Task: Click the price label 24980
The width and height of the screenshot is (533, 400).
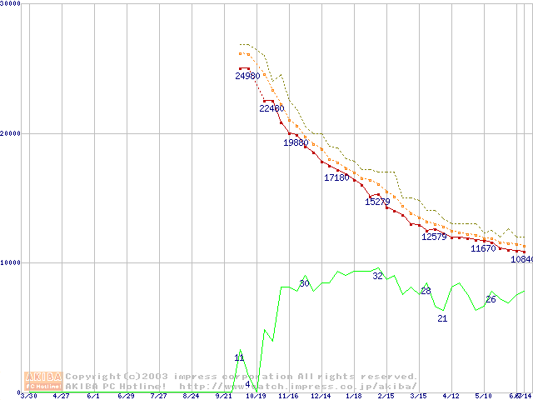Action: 247,77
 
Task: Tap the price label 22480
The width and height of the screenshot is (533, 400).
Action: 271,108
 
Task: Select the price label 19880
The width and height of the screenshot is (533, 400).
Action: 296,142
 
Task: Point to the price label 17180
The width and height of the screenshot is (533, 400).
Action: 336,177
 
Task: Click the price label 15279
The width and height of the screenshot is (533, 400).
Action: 377,202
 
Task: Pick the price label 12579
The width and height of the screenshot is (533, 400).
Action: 434,237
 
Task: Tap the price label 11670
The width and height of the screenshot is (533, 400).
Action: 483,248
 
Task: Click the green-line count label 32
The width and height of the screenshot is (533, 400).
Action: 377,276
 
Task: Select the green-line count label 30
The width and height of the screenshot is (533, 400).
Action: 304,284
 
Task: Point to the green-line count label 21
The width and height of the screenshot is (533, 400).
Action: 442,318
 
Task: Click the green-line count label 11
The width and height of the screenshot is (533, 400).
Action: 239,357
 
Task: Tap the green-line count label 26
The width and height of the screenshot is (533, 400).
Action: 491,299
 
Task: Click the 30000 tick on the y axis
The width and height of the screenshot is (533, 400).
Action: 11,4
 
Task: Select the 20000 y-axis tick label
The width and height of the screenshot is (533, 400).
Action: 11,133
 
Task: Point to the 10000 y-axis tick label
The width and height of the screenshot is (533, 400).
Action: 11,262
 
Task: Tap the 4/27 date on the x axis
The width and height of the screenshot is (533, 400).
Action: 61,396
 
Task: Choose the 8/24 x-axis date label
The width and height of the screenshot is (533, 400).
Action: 191,396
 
